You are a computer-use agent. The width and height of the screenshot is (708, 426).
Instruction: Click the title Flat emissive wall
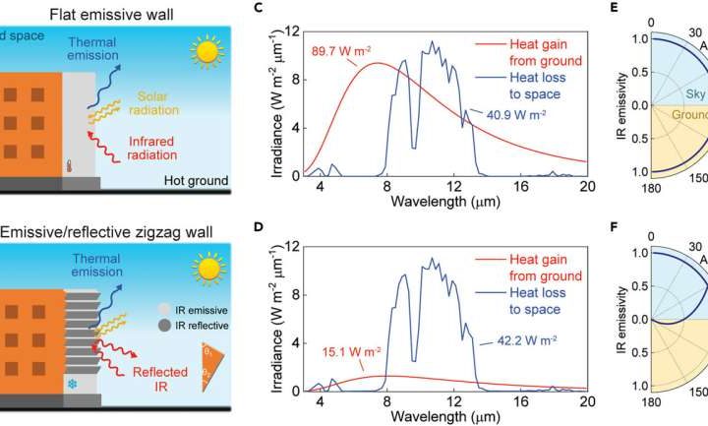coord(97,11)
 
